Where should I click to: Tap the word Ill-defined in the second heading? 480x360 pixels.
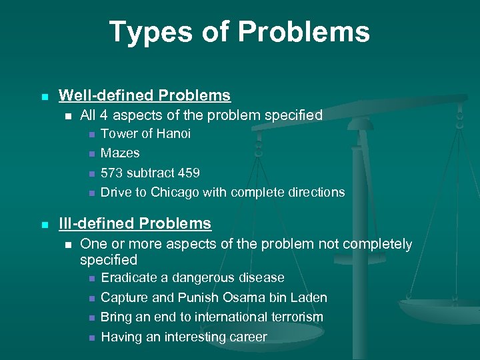pyautogui.click(x=96, y=223)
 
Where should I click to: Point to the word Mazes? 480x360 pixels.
pyautogui.click(x=120, y=153)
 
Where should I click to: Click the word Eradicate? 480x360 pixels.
pyautogui.click(x=130, y=277)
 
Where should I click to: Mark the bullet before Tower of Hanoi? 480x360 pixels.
pyautogui.click(x=90, y=135)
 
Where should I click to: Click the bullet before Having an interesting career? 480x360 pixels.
pyautogui.click(x=90, y=338)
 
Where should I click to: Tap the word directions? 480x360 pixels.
pyautogui.click(x=315, y=192)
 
